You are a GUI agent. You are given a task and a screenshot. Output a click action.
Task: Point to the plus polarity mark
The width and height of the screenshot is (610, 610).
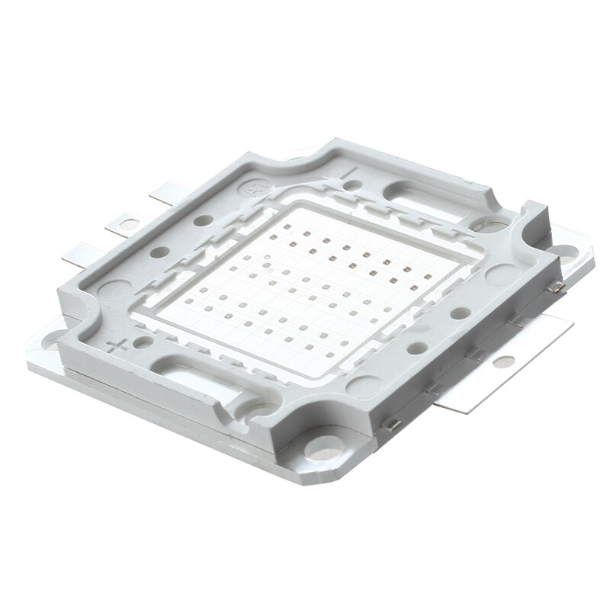[x=117, y=348]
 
